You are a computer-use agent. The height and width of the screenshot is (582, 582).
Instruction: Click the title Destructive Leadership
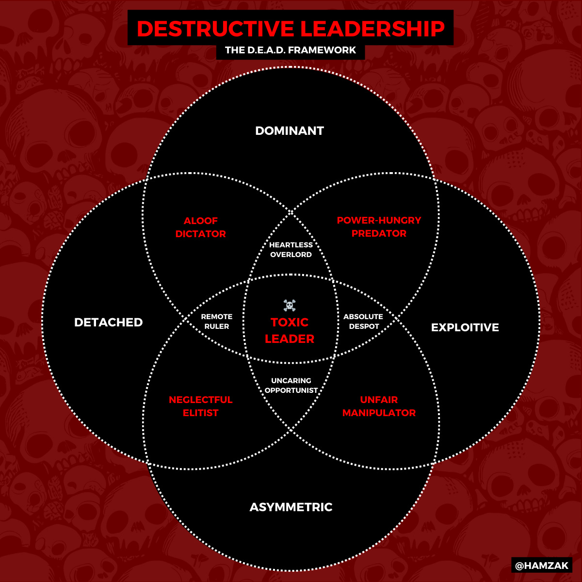(291, 29)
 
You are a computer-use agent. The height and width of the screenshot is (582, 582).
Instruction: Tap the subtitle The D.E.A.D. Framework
(291, 50)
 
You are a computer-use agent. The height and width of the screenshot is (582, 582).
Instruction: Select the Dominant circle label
(290, 131)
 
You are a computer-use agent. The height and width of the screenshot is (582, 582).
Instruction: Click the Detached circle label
(108, 323)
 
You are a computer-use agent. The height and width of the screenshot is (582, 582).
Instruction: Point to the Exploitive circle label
(465, 327)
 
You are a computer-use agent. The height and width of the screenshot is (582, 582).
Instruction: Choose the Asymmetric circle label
(291, 507)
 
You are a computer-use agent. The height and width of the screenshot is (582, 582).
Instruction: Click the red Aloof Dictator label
(201, 227)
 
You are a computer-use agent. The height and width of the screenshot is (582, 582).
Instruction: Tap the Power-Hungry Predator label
(379, 227)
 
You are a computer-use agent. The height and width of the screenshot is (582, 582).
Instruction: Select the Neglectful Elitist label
(201, 406)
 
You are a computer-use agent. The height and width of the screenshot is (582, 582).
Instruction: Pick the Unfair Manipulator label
(379, 406)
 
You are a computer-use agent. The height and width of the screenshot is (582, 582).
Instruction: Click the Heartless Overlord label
(291, 250)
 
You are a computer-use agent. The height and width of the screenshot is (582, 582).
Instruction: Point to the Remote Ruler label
(217, 322)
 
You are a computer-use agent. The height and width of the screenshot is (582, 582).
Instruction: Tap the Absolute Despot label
(363, 322)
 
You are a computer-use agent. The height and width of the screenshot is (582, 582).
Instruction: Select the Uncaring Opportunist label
(291, 386)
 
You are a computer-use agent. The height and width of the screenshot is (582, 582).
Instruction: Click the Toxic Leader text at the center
(290, 331)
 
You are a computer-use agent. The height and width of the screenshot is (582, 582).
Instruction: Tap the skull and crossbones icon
(290, 306)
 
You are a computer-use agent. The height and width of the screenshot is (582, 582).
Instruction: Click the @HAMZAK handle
(542, 566)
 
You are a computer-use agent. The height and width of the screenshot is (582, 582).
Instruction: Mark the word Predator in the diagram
(379, 234)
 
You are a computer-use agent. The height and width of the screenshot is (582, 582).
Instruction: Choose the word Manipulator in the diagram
(379, 413)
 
